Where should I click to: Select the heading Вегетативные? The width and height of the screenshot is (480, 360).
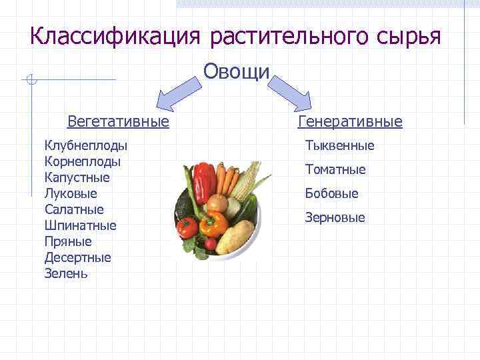[x=118, y=121]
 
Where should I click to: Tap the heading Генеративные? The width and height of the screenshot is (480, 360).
[x=350, y=121]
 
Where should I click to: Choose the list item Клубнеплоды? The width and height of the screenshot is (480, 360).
[x=86, y=145]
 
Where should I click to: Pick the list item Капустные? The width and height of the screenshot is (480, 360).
[x=77, y=177]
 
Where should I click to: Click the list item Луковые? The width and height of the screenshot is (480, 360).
[x=71, y=193]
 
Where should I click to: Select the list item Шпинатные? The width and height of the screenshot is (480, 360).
[x=80, y=225]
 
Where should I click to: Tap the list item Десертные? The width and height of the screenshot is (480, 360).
[x=78, y=257]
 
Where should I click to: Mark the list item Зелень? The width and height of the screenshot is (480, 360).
[x=66, y=273]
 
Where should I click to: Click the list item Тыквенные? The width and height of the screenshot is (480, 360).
[x=339, y=145]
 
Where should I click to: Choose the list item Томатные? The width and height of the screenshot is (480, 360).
[x=335, y=169]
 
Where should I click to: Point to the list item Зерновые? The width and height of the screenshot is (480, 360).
[x=335, y=217]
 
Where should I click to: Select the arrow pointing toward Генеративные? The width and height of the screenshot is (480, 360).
[x=293, y=91]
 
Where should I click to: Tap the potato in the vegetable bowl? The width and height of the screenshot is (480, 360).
[x=235, y=237]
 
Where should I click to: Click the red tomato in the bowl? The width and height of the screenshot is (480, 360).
[x=187, y=227]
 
